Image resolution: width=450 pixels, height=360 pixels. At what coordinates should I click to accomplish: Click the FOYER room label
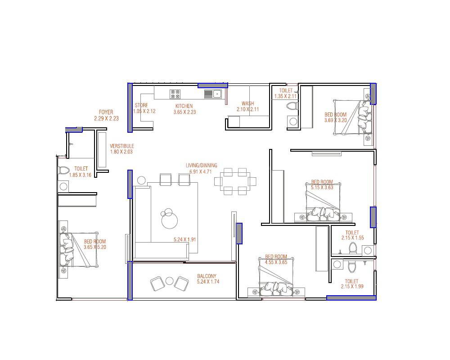click(x=106, y=112)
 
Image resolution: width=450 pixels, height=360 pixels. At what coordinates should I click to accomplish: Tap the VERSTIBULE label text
click(x=122, y=146)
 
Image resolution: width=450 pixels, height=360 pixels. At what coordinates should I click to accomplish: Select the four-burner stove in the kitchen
click(x=175, y=94)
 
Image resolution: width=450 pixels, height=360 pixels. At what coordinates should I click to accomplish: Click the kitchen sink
click(x=213, y=94)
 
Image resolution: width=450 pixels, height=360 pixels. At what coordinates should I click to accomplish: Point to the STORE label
click(x=141, y=106)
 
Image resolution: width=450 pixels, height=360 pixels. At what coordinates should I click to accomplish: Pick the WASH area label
click(x=247, y=103)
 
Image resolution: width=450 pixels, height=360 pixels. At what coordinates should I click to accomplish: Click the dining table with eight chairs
click(x=235, y=181)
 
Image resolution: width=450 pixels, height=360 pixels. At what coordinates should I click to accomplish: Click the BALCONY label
click(x=207, y=276)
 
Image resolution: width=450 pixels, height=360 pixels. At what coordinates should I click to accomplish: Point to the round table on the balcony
click(x=170, y=281)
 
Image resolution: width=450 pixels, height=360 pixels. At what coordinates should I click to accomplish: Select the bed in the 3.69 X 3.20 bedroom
click(x=355, y=117)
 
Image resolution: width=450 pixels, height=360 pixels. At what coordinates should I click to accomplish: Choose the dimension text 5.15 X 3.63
click(x=322, y=188)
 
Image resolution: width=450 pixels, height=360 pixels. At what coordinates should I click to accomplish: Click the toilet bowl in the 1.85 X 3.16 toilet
click(x=63, y=171)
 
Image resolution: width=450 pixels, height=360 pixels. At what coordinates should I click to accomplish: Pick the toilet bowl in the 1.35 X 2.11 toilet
click(x=292, y=106)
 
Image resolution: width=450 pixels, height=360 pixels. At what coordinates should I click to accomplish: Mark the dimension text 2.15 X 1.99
click(x=352, y=287)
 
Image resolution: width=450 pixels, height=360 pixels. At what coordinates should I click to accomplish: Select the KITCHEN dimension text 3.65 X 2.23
click(x=184, y=112)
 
